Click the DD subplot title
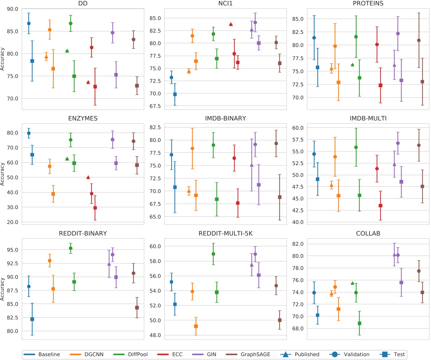point(83,4)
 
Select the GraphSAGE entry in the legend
point(255,354)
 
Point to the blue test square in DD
point(32,61)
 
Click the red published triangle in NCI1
point(231,24)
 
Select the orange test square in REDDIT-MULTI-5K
point(196,326)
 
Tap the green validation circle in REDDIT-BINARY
point(70,248)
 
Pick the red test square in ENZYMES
point(95,208)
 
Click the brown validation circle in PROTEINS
point(419,40)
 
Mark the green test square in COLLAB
point(359,323)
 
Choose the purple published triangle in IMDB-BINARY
point(252,165)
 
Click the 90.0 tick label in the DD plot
point(12,9)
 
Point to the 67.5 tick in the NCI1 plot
point(155,106)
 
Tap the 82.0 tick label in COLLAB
point(298,244)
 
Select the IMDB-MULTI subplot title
point(368,119)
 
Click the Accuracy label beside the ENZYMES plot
point(3,174)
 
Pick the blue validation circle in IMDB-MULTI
point(314,154)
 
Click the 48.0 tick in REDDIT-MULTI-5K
point(155,335)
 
